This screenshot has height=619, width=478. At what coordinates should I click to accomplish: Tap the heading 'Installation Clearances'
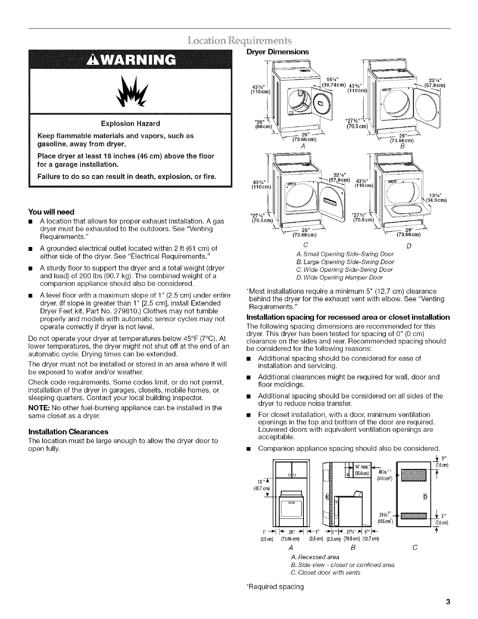[68, 432]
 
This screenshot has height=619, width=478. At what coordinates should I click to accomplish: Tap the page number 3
[449, 602]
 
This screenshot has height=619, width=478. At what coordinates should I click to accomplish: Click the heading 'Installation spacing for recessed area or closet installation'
[348, 317]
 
